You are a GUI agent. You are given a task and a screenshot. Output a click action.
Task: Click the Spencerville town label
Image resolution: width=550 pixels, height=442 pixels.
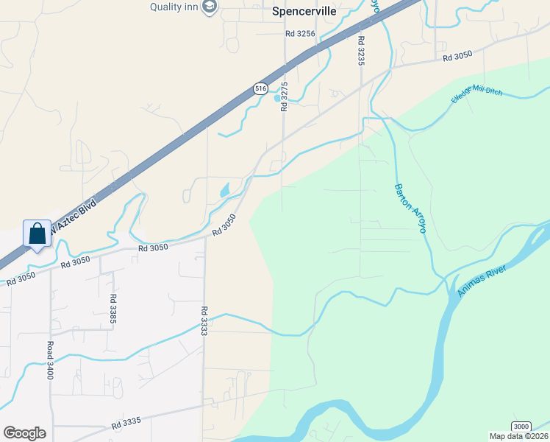(x=304, y=12)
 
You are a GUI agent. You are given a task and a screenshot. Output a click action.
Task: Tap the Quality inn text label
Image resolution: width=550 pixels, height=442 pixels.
(x=175, y=7)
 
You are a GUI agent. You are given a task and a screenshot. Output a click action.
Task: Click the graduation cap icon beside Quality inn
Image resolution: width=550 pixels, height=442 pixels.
(x=210, y=7)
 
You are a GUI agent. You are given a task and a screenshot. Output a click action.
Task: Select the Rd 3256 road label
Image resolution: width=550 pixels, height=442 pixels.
(x=300, y=34)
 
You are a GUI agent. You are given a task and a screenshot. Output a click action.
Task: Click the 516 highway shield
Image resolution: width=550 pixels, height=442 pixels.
(x=260, y=88)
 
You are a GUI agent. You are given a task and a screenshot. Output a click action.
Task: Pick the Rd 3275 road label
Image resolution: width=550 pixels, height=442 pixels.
(x=284, y=97)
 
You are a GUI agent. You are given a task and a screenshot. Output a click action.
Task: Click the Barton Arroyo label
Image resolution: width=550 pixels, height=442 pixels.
(x=410, y=208)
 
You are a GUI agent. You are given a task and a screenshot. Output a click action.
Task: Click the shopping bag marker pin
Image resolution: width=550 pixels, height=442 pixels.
(x=37, y=234)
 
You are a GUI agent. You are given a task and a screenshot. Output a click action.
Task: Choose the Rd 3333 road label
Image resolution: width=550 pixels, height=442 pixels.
(x=204, y=322)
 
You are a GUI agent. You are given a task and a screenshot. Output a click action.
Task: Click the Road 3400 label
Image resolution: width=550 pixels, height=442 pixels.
(x=50, y=360)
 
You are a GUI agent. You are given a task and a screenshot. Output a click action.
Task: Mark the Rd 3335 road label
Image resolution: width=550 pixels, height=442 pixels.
(x=126, y=424)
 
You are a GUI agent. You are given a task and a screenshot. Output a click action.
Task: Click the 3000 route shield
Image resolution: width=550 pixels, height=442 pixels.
(x=521, y=427)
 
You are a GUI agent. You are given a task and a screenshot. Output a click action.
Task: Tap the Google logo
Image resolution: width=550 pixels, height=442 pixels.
(x=24, y=433)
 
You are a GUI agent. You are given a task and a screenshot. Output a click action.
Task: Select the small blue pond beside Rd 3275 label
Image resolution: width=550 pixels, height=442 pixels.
(x=277, y=97)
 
